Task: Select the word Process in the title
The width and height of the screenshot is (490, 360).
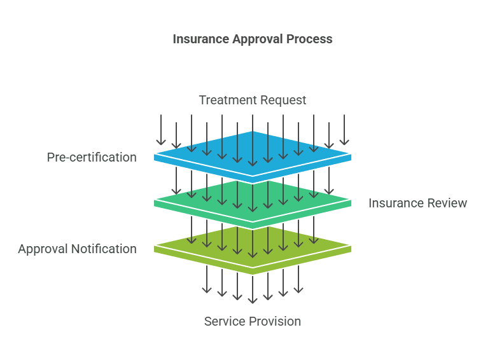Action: (309, 39)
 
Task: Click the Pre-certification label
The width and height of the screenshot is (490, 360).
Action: (92, 157)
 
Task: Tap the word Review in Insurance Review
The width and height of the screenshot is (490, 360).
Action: (446, 203)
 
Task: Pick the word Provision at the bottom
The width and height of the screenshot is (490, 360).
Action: (276, 321)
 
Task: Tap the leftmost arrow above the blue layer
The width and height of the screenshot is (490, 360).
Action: (161, 130)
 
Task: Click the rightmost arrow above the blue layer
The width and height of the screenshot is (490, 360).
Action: (344, 130)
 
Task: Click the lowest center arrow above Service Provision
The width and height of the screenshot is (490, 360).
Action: (253, 289)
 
